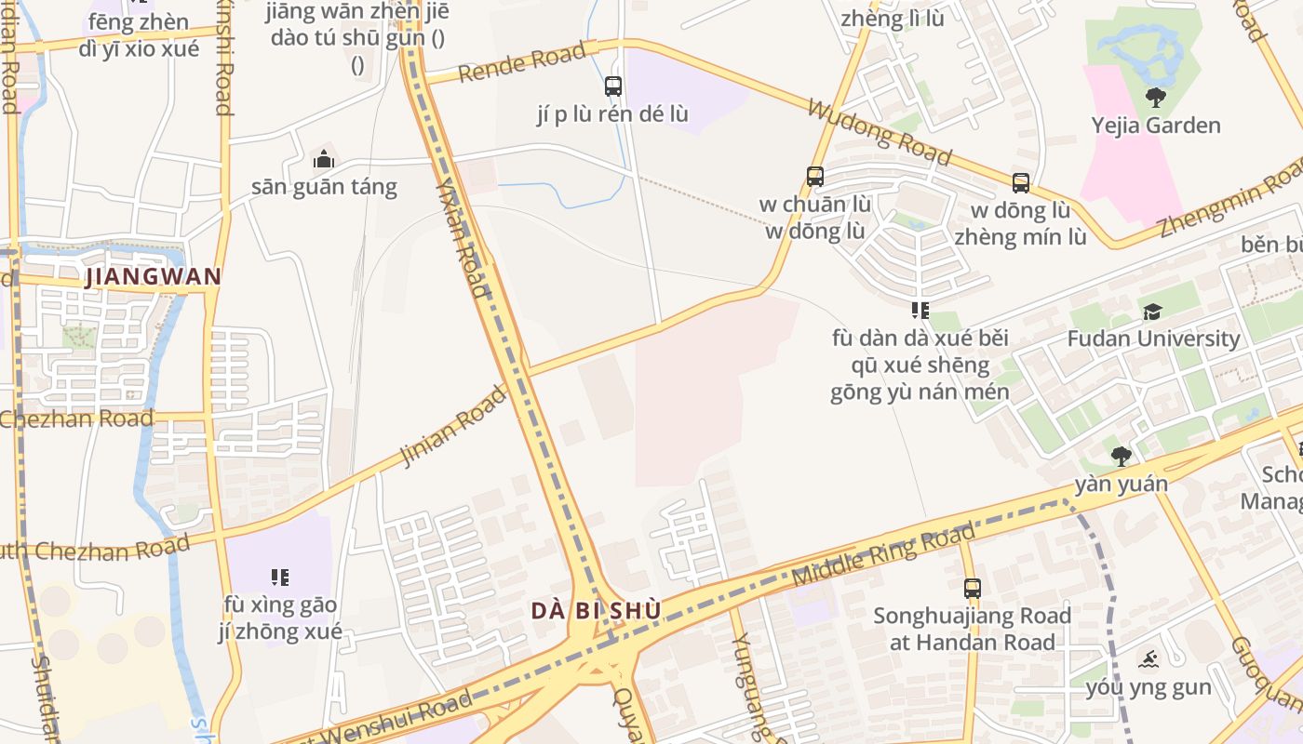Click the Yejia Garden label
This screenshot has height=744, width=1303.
pos(1156,126)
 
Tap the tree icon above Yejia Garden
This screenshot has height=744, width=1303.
pos(1156,97)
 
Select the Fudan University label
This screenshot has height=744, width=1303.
pos(1153,339)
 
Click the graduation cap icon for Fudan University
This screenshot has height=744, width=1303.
pos(1152,312)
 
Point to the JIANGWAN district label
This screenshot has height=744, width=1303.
pos(154,277)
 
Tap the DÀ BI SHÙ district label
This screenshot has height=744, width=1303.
pos(597,611)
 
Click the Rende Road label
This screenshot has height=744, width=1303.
pos(521,62)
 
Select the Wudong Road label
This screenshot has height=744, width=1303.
pos(879,133)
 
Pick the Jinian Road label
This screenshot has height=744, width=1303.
pos(452,427)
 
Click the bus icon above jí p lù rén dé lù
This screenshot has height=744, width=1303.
pos(613,86)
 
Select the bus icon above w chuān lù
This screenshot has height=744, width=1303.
pos(815,177)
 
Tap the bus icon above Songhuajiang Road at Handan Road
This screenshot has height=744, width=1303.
pos(973,588)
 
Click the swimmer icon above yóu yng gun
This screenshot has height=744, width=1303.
pos(1149,660)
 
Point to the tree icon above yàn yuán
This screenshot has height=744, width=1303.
pos(1122,456)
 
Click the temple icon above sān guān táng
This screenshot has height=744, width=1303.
pos(324,159)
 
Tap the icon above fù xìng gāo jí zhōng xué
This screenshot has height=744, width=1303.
pos(280,578)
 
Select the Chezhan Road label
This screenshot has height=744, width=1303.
pos(76,419)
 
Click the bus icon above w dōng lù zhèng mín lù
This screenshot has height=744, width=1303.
pos(1021,183)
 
